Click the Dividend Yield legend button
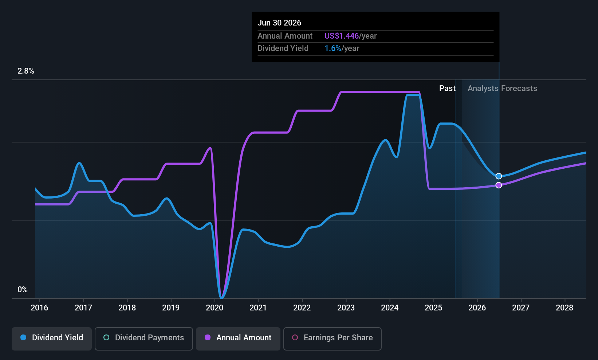pos(51,339)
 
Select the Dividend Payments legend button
pos(143,339)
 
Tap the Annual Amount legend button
pos(238,339)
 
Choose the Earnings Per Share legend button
pos(333,339)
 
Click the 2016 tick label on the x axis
pos(39,308)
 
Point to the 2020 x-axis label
pos(215,308)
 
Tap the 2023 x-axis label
pos(346,308)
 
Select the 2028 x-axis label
pos(564,308)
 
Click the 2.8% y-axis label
pos(26,71)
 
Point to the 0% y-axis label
pos(23,290)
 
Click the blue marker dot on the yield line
pos(499,176)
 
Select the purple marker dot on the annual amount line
pos(499,185)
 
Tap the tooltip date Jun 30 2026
pos(279,23)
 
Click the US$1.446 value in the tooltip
pos(342,36)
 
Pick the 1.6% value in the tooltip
pos(333,48)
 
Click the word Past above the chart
pos(448,89)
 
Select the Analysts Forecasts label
pos(503,89)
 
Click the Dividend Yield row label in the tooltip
pos(283,48)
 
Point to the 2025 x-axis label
pos(433,308)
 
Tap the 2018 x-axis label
pos(127,308)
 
